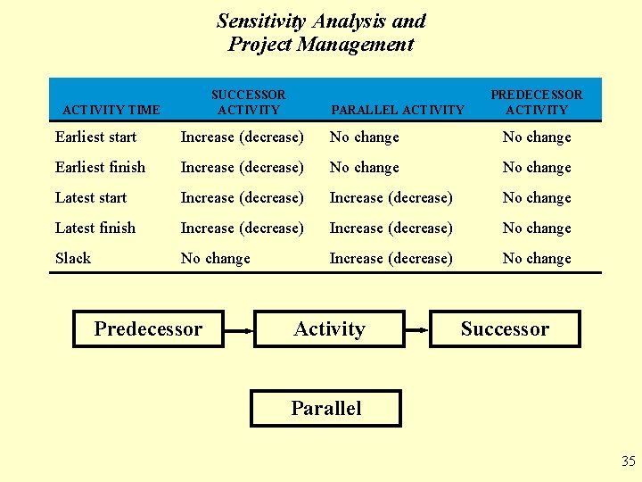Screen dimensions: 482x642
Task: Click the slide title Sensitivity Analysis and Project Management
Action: pyautogui.click(x=321, y=32)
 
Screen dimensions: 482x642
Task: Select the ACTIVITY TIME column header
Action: pyautogui.click(x=111, y=110)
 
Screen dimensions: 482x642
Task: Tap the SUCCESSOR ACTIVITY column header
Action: pyautogui.click(x=248, y=102)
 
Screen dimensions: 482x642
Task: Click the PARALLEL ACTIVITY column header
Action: pyautogui.click(x=397, y=110)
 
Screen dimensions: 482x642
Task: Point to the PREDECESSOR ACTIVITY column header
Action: pyautogui.click(x=536, y=102)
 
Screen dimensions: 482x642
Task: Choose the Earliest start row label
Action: pyautogui.click(x=95, y=137)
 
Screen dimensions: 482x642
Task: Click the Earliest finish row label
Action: pyautogui.click(x=100, y=167)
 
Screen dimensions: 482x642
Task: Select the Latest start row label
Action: pyautogui.click(x=91, y=197)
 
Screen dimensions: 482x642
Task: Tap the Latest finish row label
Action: pyautogui.click(x=95, y=228)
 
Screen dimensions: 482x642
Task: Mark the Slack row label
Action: pyautogui.click(x=73, y=258)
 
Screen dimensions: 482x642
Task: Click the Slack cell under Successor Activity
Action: pyautogui.click(x=215, y=258)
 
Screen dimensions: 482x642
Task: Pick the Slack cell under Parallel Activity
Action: pyautogui.click(x=391, y=258)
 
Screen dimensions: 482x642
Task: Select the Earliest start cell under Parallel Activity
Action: pyautogui.click(x=364, y=137)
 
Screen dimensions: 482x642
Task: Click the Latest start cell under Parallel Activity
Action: pyautogui.click(x=391, y=197)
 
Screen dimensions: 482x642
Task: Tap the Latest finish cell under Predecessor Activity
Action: pyautogui.click(x=536, y=228)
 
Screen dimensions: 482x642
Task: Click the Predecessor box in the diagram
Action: pyautogui.click(x=148, y=328)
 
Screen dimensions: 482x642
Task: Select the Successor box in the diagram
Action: pyautogui.click(x=505, y=328)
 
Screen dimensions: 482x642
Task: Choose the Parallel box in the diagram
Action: pyautogui.click(x=325, y=408)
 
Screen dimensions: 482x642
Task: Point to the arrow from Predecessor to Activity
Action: pyautogui.click(x=239, y=328)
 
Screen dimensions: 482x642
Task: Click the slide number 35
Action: pyautogui.click(x=629, y=461)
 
